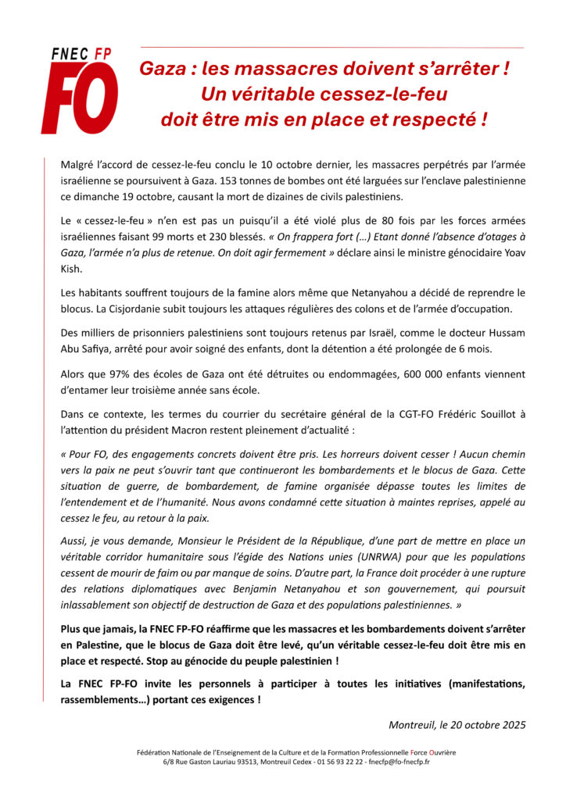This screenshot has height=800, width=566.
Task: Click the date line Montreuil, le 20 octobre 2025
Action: [457, 724]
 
